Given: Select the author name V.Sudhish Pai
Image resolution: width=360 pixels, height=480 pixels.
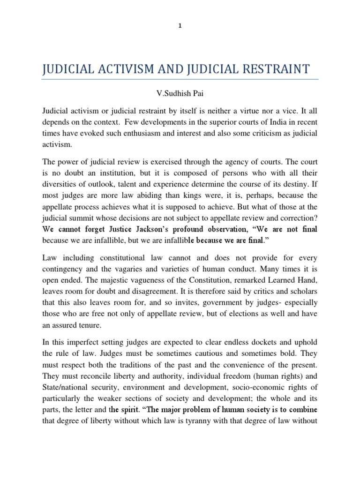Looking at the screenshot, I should [x=180, y=93].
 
